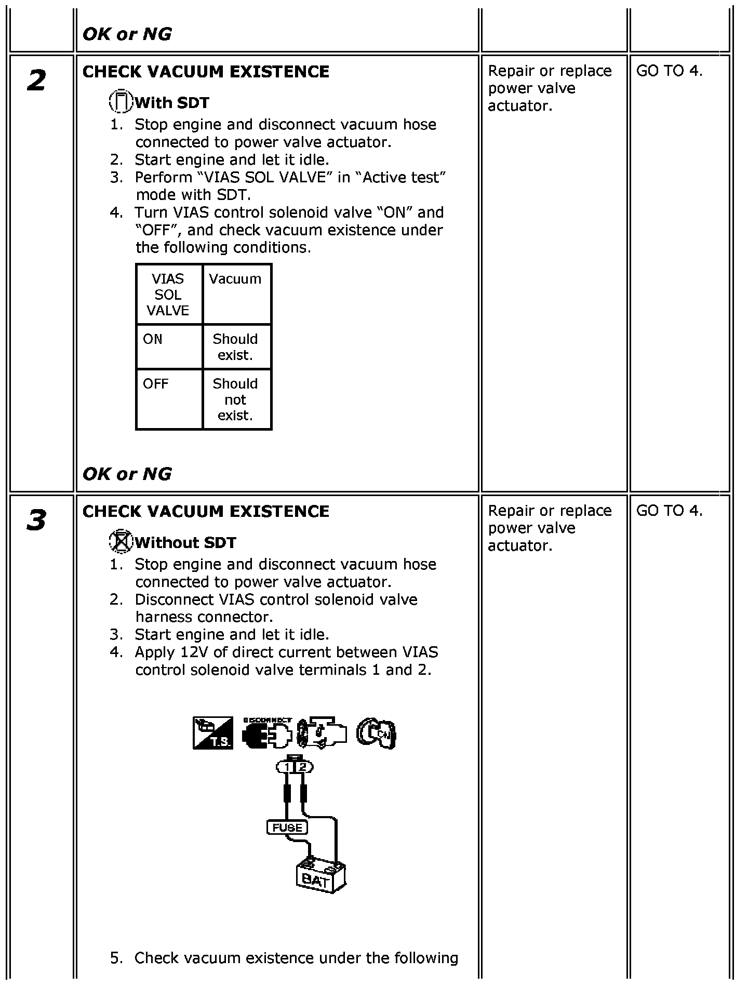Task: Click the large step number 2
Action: tap(36, 81)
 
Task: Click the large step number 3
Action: tap(36, 520)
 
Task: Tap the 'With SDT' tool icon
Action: tap(121, 102)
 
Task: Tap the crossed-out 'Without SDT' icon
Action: tap(121, 542)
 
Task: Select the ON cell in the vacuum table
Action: tap(169, 346)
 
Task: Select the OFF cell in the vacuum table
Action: tap(169, 399)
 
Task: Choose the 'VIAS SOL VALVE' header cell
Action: tap(168, 294)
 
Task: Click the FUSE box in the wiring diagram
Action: tap(287, 827)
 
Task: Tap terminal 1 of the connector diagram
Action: tap(286, 767)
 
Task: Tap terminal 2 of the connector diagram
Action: tap(304, 767)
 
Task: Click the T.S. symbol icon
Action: tap(213, 733)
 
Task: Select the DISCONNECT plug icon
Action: tap(267, 733)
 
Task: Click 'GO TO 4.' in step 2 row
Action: tap(669, 71)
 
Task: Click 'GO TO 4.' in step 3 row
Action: tap(669, 511)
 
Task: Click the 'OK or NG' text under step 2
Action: tap(127, 473)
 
